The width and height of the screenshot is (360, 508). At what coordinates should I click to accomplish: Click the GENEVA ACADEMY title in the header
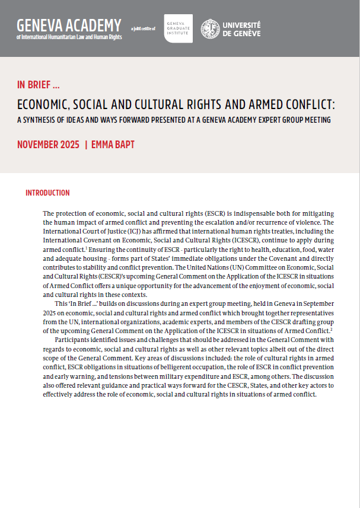(69, 25)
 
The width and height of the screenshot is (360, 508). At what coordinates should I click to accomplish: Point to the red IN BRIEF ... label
(38, 84)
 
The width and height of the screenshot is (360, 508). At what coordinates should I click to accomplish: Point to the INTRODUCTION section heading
(47, 193)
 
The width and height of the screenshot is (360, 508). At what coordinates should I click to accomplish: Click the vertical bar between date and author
(86, 145)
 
